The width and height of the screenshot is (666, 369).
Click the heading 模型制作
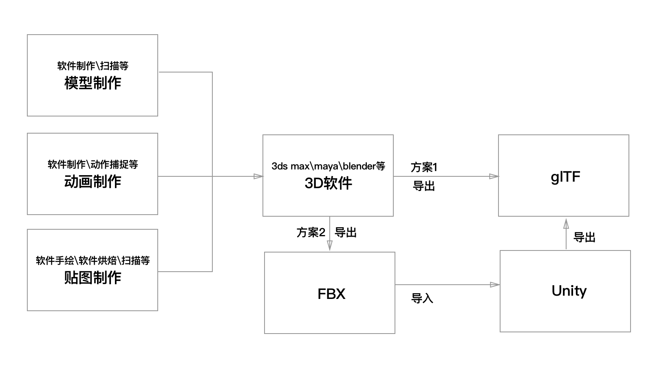pos(93,83)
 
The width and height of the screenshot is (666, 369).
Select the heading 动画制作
pos(93,182)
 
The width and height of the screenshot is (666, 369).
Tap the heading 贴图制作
pos(93,278)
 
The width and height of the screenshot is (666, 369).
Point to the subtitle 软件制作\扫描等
pos(93,66)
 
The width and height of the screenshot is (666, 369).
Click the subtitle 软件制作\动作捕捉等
pos(93,165)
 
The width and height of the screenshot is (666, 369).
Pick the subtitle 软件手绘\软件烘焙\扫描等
pos(93,261)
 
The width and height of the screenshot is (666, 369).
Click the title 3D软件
pos(328,183)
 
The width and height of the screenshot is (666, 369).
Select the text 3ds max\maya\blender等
pos(328,166)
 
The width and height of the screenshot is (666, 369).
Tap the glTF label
pos(565,177)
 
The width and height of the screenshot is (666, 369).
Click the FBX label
pos(331,294)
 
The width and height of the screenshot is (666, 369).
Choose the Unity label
pos(569,291)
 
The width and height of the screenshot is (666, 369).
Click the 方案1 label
pos(424,167)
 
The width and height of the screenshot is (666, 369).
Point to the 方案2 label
pos(311,233)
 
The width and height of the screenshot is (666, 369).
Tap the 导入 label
pos(422,299)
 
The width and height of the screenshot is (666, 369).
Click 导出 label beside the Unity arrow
pos(584,237)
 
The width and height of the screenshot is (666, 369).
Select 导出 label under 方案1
pos(424,186)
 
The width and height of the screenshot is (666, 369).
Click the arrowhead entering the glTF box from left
pos(494,176)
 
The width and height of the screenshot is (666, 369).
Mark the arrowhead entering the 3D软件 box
pos(258,176)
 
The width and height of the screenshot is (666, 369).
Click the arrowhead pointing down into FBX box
pos(330,246)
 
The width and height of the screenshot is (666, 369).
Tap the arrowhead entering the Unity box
pos(495,285)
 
